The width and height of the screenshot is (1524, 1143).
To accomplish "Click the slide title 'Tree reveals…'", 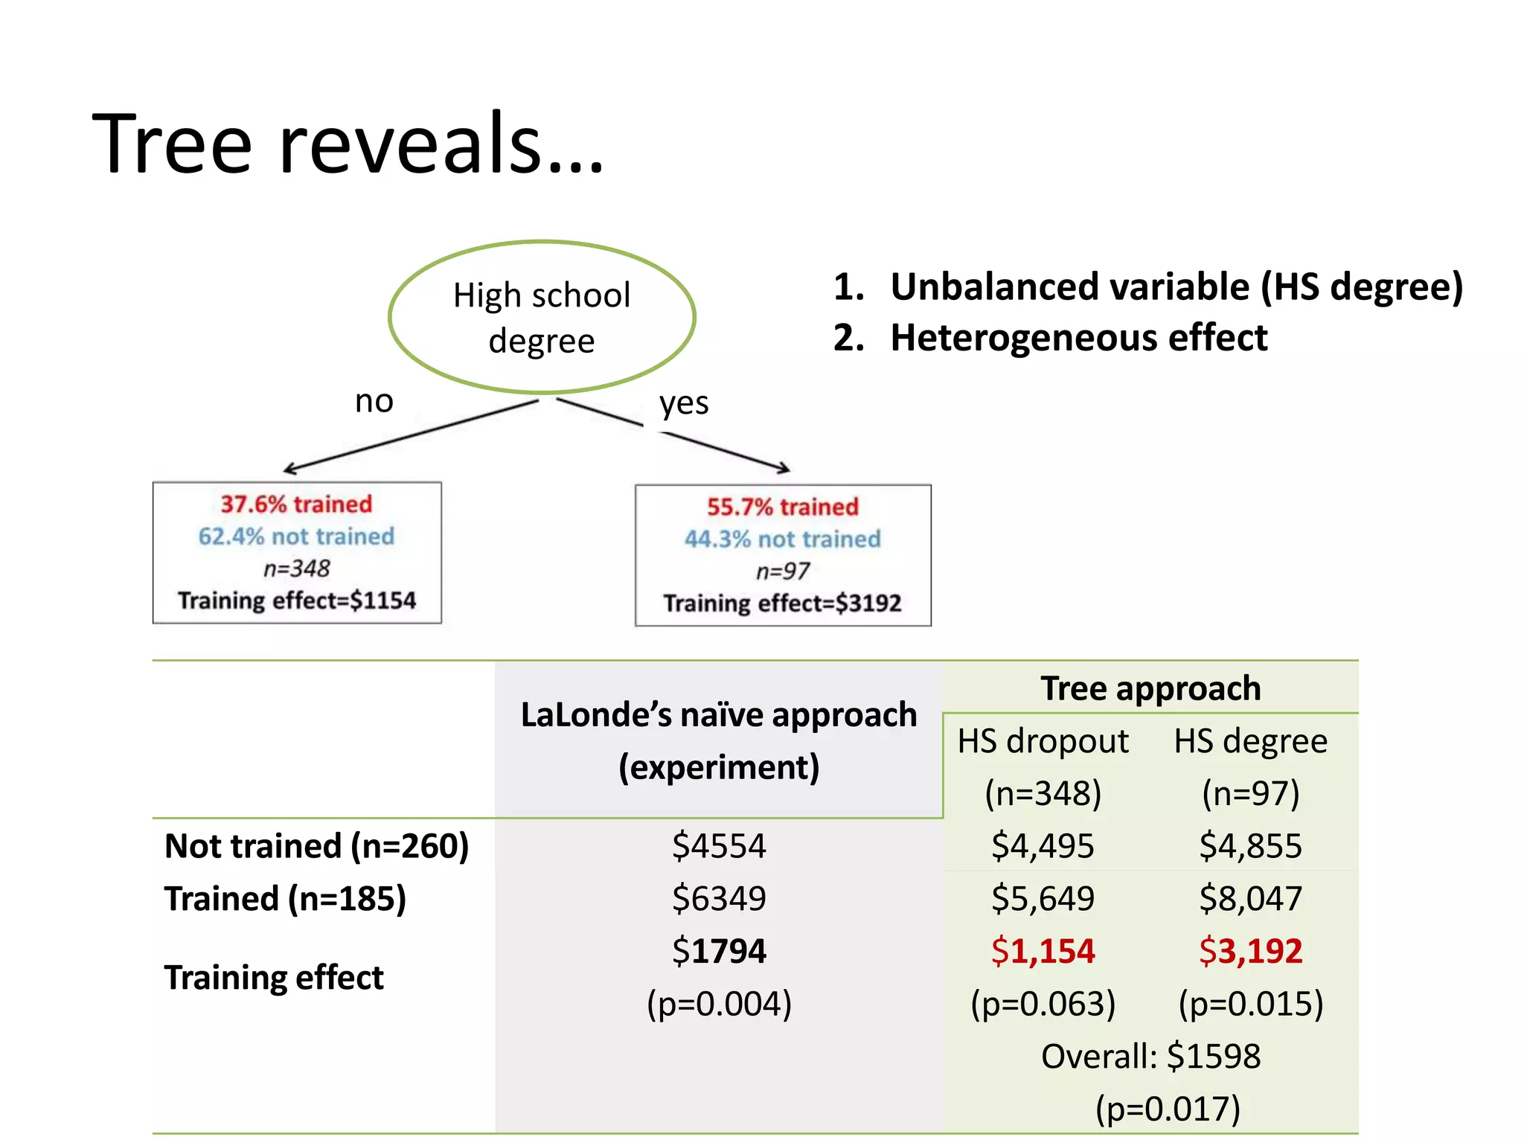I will pyautogui.click(x=348, y=143).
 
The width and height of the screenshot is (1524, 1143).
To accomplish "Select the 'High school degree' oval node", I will pyautogui.click(x=542, y=317).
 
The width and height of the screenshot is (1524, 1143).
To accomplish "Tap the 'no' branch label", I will pyautogui.click(x=374, y=402).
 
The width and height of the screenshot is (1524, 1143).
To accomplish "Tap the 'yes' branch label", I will pyautogui.click(x=684, y=403).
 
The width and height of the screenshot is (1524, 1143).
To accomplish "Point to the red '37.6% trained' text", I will pyautogui.click(x=296, y=504).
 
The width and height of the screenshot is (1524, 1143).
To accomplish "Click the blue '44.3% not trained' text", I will pyautogui.click(x=782, y=539).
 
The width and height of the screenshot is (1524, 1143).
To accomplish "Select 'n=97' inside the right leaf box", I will pyautogui.click(x=782, y=571).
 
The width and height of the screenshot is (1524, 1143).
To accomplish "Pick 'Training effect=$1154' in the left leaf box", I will pyautogui.click(x=296, y=601).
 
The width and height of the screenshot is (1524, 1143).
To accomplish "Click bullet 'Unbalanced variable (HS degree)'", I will pyautogui.click(x=1176, y=287).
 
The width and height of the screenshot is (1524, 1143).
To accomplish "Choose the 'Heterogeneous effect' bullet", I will pyautogui.click(x=1078, y=338).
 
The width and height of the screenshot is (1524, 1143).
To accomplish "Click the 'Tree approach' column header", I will pyautogui.click(x=1150, y=688).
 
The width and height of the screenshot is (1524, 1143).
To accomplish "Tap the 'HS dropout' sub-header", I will pyautogui.click(x=1043, y=741).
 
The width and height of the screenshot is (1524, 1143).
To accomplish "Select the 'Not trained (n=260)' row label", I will pyautogui.click(x=317, y=846).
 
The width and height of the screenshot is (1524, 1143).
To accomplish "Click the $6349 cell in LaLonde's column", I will pyautogui.click(x=719, y=898).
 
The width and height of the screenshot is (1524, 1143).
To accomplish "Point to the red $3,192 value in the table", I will pyautogui.click(x=1251, y=951).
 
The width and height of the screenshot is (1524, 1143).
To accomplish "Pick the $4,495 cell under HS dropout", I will pyautogui.click(x=1043, y=846).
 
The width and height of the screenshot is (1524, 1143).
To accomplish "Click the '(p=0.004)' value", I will pyautogui.click(x=719, y=1004).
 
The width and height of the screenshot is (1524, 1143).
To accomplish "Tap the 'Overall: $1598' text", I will pyautogui.click(x=1150, y=1056).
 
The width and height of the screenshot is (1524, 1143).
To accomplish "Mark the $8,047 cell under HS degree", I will pyautogui.click(x=1251, y=898).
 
